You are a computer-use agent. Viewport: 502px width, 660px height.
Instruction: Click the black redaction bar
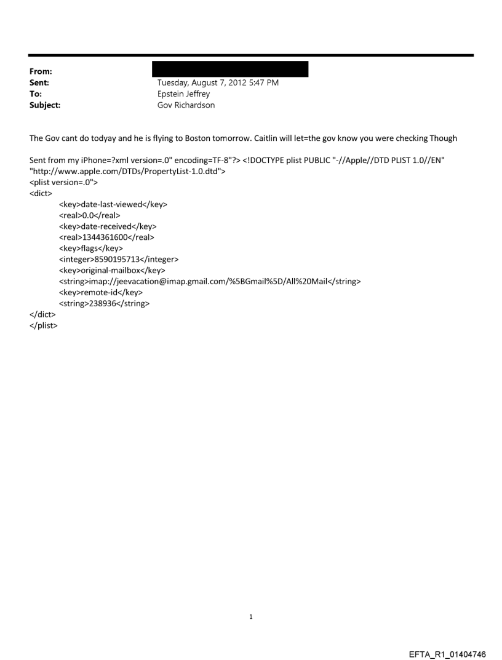point(229,69)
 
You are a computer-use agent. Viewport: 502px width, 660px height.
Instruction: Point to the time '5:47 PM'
point(262,83)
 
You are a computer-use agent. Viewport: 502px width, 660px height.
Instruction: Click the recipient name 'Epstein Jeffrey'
point(184,94)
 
